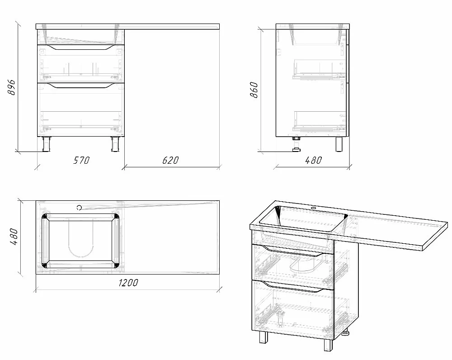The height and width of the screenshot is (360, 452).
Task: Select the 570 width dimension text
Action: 81,160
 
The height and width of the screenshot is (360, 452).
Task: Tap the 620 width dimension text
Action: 170,160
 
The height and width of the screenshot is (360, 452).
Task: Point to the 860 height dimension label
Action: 254,90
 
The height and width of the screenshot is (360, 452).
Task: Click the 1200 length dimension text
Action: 128,283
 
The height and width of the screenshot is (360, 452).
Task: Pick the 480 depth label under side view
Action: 313,160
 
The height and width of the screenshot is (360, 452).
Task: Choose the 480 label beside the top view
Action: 14,237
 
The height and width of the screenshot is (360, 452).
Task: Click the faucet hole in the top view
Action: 79,208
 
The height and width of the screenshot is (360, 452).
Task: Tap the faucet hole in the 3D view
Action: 314,208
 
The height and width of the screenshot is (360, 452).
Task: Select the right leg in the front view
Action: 115,144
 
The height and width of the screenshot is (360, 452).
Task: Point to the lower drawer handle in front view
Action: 81,85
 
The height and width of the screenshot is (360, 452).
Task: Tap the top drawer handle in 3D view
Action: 292,251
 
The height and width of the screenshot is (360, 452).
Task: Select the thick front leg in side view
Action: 339,144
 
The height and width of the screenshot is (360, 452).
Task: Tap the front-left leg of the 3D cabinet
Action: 262,336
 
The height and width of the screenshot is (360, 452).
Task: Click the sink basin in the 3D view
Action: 303,218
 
